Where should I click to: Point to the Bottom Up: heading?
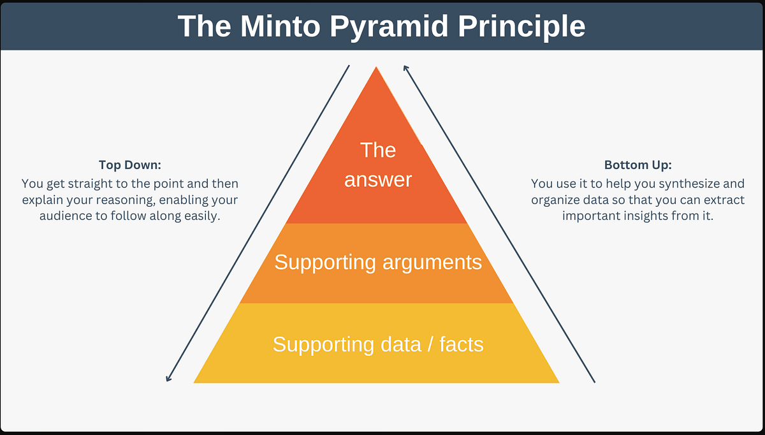coord(637,164)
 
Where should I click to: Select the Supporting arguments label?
coord(378,262)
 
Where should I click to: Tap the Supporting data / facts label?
coord(378,344)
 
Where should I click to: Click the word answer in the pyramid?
coord(378,179)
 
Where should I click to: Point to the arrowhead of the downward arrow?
coord(168,378)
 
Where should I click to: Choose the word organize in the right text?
coord(554,200)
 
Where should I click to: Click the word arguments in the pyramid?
coord(431,262)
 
